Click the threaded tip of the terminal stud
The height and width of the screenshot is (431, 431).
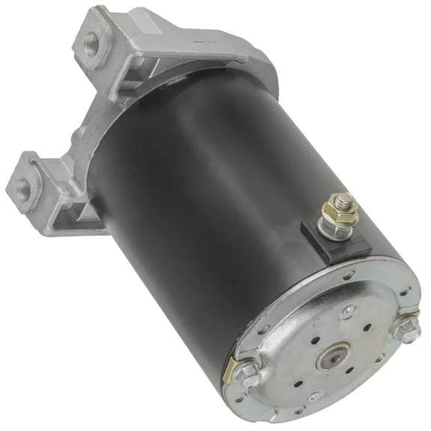pos(344,198)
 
